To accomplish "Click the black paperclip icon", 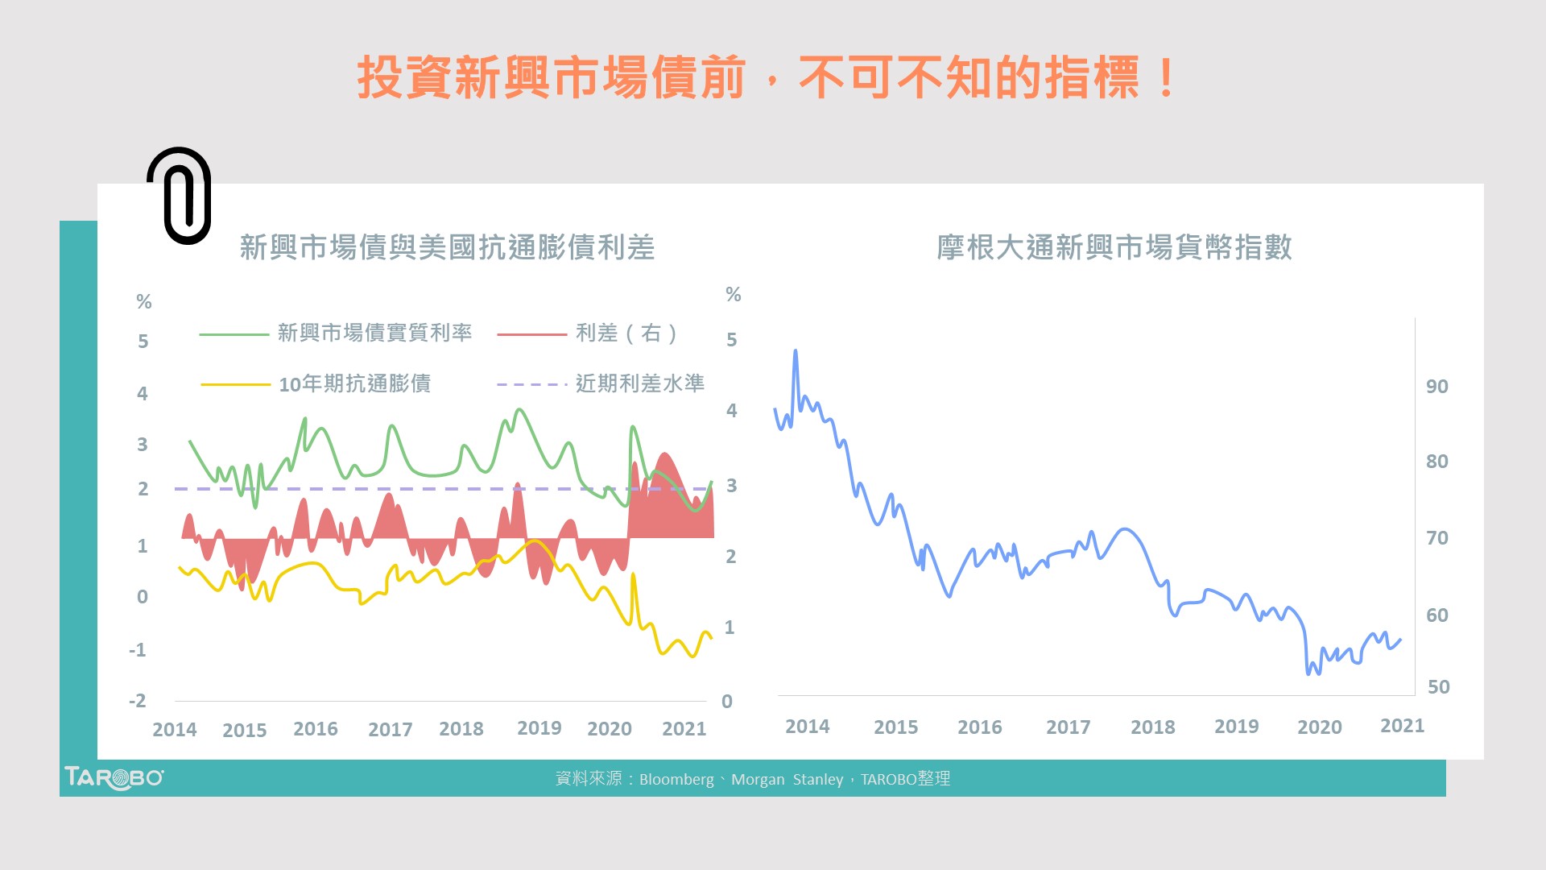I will [180, 196].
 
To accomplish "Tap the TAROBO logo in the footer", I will [114, 778].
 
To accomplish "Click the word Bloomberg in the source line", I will [676, 780].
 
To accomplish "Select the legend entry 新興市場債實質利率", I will [374, 333].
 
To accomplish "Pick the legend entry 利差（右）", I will [626, 333].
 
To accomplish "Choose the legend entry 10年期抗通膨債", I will [354, 383].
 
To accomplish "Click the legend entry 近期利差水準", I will [639, 383].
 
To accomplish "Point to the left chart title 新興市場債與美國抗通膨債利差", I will [447, 247].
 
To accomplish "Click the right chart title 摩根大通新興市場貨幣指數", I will [1114, 247].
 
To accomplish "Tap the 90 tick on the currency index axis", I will [1436, 387].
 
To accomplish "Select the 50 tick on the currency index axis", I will [1438, 687].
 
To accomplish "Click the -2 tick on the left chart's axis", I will [138, 701].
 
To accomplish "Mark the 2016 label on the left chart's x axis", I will [315, 729].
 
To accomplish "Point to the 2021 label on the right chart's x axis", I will [1402, 726].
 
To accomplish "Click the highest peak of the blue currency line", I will [796, 351].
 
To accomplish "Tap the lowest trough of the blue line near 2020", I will [1308, 673].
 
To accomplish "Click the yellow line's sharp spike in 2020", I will [633, 575].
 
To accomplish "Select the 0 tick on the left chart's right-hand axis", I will [727, 702].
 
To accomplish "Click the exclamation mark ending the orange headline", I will [1165, 78].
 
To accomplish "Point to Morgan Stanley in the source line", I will [787, 780].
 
